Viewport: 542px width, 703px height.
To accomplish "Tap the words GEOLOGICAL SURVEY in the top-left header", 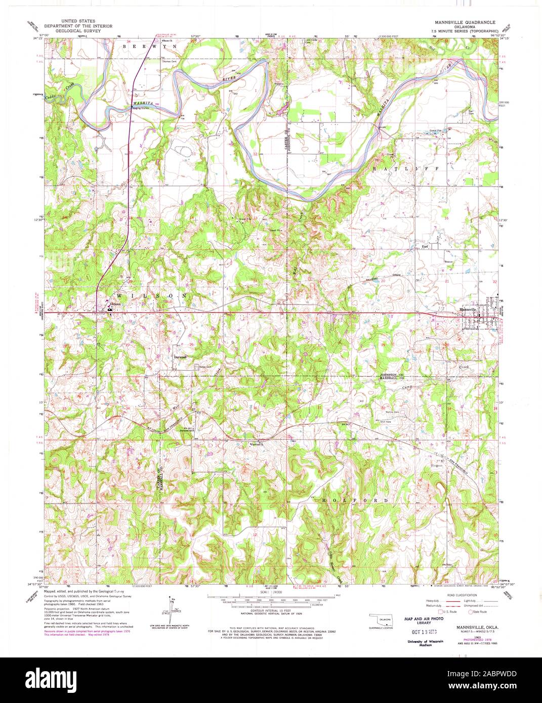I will point(78,30).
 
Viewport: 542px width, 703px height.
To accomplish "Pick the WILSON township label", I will point(146,295).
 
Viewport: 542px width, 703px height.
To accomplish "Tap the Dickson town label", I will point(115,304).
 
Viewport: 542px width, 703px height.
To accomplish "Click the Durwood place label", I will point(180,357).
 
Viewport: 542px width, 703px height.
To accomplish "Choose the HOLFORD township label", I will point(356,500).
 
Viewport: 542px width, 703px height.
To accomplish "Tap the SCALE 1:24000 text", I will point(271,591).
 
